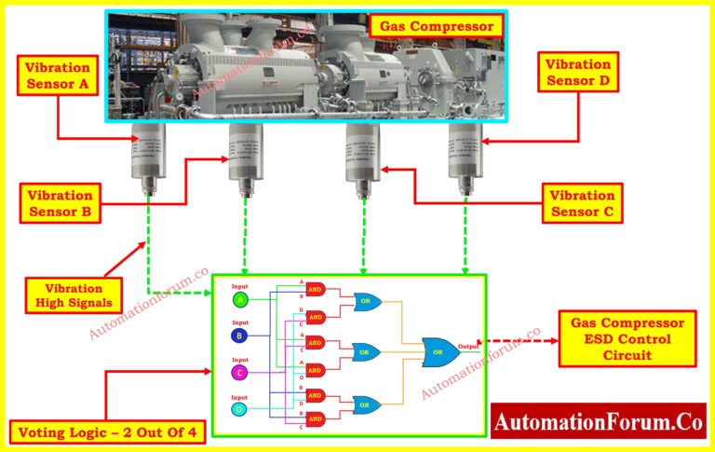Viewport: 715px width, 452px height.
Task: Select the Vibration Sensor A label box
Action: coord(58,74)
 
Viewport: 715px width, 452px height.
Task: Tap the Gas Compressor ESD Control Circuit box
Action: coord(627,337)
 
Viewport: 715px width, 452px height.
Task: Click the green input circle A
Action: coord(240,300)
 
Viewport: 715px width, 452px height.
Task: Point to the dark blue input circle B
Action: coord(240,336)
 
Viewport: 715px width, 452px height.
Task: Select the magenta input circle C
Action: coord(240,372)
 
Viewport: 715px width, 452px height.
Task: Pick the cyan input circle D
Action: coord(240,409)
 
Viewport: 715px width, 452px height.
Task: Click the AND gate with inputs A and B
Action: coord(316,288)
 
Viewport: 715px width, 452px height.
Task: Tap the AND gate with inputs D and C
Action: coord(316,316)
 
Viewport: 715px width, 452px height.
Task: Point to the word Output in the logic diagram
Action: coord(469,346)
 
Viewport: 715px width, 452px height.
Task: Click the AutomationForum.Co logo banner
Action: coord(598,421)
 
